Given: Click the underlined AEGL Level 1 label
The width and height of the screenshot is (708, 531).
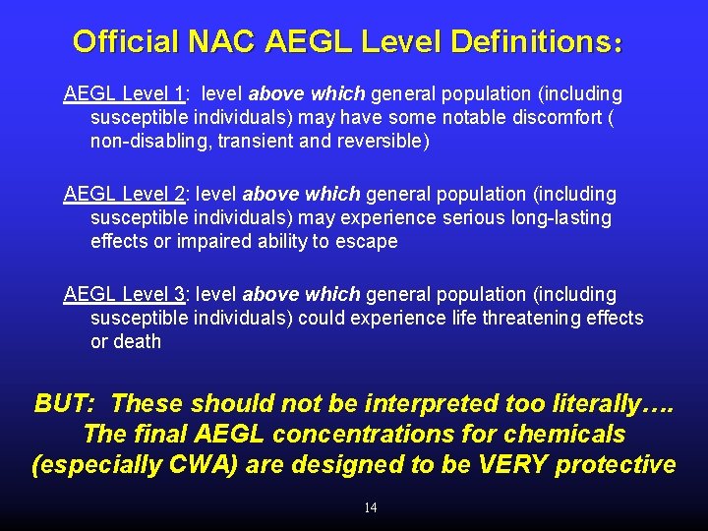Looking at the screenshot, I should pos(124,94).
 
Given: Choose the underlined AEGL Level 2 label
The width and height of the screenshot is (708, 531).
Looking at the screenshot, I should pos(124,195).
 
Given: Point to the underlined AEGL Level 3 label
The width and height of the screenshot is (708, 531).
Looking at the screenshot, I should pos(124,294).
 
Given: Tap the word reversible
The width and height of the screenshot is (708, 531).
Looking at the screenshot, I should pos(384,142).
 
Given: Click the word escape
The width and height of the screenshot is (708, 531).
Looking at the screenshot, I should pos(368,242).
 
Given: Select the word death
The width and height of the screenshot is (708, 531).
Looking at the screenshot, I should pos(138,341).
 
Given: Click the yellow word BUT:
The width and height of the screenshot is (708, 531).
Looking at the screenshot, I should pos(64,403).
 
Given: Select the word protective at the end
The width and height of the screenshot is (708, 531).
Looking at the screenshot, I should pos(615,464).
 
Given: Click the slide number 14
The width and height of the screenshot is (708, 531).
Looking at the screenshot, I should pos(370,507).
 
